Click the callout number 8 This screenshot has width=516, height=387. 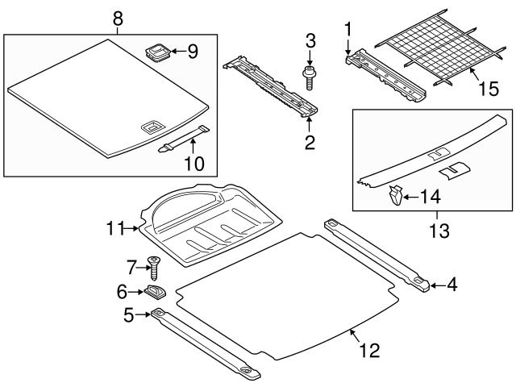pos(118,16)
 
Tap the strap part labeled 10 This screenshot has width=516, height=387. pos(184,138)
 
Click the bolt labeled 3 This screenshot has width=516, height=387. pos(309,74)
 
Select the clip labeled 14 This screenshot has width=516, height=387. pos(394,196)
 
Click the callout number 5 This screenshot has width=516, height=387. pos(129,315)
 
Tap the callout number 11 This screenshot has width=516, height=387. pos(115,230)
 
